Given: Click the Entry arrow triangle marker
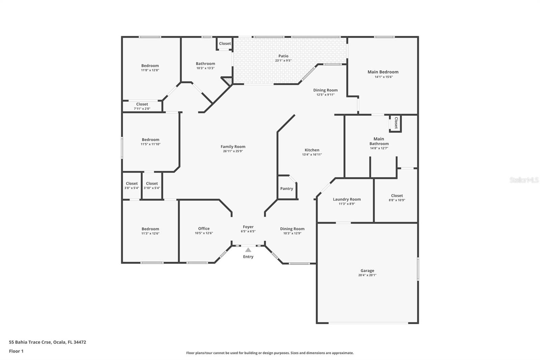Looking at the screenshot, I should [248, 250].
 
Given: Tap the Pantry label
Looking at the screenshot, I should [287, 188].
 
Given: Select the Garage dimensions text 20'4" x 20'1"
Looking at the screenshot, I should [367, 275].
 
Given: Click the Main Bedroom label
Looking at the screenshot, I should [383, 72].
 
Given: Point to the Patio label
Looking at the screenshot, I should [283, 56].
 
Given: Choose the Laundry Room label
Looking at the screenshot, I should [347, 199].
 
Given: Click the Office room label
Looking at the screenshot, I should [204, 229].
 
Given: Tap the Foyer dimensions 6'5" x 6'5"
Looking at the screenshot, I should [248, 231].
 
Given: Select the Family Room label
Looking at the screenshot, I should [233, 147].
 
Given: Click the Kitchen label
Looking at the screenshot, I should [312, 150].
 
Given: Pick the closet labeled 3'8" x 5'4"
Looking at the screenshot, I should [132, 186].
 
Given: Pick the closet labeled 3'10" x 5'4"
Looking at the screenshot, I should [152, 186].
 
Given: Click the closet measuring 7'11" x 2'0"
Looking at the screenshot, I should [142, 106].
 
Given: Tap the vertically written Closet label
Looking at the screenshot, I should [396, 123].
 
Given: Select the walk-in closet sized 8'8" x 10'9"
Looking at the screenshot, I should [397, 198].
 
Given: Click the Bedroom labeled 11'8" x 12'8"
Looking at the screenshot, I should [150, 68].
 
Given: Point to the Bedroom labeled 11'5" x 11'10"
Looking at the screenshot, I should [151, 142].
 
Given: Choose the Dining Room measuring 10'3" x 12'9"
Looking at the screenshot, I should [292, 231].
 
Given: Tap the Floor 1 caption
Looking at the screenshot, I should [16, 351].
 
